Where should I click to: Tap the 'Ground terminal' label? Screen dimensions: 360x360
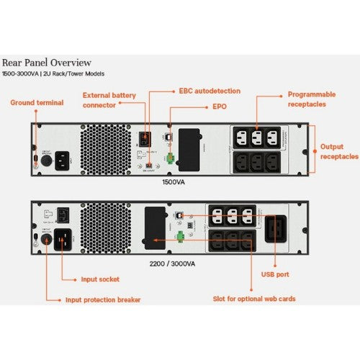pyautogui.click(x=37, y=103)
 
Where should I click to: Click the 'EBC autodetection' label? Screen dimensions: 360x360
pyautogui.click(x=210, y=91)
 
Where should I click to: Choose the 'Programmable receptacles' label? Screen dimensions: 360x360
pyautogui.click(x=311, y=99)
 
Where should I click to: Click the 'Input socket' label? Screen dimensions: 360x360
pyautogui.click(x=99, y=278)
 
